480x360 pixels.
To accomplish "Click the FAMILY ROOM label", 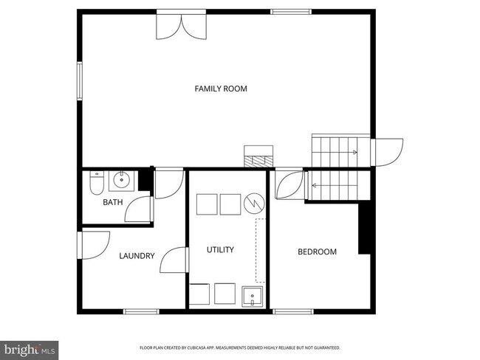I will (221, 89).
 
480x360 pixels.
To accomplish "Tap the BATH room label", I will (112, 202).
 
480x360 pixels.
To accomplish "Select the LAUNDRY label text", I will (137, 256).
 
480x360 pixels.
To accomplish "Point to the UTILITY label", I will (220, 250).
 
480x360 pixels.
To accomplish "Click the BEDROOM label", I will (317, 252).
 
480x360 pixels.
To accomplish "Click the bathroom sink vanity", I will (122, 181).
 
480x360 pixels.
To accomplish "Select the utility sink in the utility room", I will (253, 297).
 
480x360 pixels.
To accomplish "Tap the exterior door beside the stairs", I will (388, 153).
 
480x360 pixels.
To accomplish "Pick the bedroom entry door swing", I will (288, 185).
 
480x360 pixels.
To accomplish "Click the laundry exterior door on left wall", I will (95, 245).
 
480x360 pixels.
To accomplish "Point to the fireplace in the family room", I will (259, 156).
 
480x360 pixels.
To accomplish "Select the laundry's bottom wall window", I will (141, 311).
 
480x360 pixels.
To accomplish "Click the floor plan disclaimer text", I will (239, 347).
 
